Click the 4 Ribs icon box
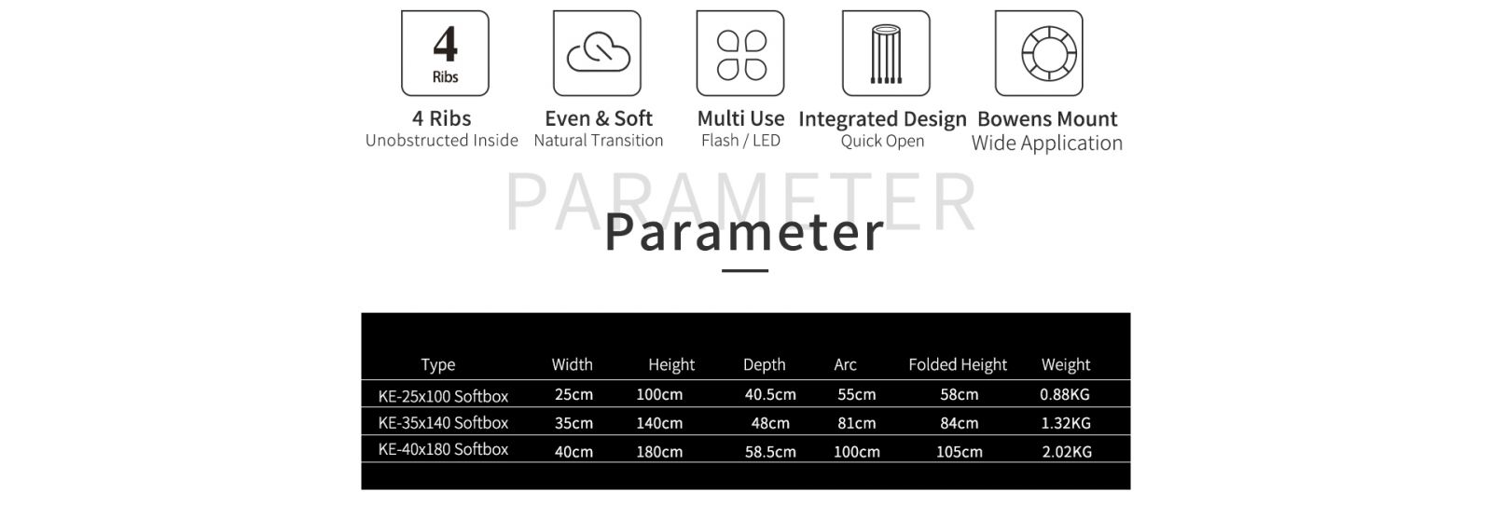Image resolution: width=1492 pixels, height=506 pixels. pyautogui.click(x=445, y=53)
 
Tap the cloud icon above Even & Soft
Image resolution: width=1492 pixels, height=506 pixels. pyautogui.click(x=598, y=53)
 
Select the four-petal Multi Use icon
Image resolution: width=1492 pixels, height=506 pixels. pyautogui.click(x=740, y=55)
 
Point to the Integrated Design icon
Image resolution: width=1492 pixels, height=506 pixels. pyautogui.click(x=886, y=53)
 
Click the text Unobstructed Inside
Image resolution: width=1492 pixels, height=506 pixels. pyautogui.click(x=442, y=141)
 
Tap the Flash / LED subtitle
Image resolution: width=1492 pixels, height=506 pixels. pyautogui.click(x=740, y=141)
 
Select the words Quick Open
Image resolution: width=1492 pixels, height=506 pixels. pyautogui.click(x=882, y=141)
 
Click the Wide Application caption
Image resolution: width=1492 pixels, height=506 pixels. pyautogui.click(x=1047, y=144)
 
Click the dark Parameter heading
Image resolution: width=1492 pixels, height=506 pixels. pyautogui.click(x=745, y=232)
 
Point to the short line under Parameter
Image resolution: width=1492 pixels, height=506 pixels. pyautogui.click(x=745, y=271)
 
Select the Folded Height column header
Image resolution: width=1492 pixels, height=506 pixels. pyautogui.click(x=958, y=365)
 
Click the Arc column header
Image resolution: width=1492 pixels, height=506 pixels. pyautogui.click(x=845, y=365)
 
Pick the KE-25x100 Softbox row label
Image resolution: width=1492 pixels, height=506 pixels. pyautogui.click(x=443, y=396)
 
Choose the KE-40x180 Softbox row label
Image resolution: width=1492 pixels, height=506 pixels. pyautogui.click(x=443, y=449)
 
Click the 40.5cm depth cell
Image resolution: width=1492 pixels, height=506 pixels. pyautogui.click(x=770, y=394)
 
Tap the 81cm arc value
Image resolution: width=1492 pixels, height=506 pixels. pyautogui.click(x=857, y=423)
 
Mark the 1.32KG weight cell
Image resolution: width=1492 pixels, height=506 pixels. pyautogui.click(x=1066, y=423)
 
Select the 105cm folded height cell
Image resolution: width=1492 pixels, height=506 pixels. pyautogui.click(x=960, y=451)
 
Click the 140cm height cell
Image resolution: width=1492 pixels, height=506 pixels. pyautogui.click(x=659, y=423)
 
